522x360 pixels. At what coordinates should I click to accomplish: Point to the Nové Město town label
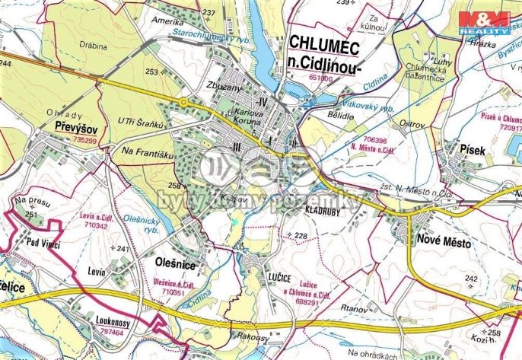444,244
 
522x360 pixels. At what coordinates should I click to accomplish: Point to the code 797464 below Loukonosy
110,331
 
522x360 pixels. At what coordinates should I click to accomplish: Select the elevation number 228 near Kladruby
300,237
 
